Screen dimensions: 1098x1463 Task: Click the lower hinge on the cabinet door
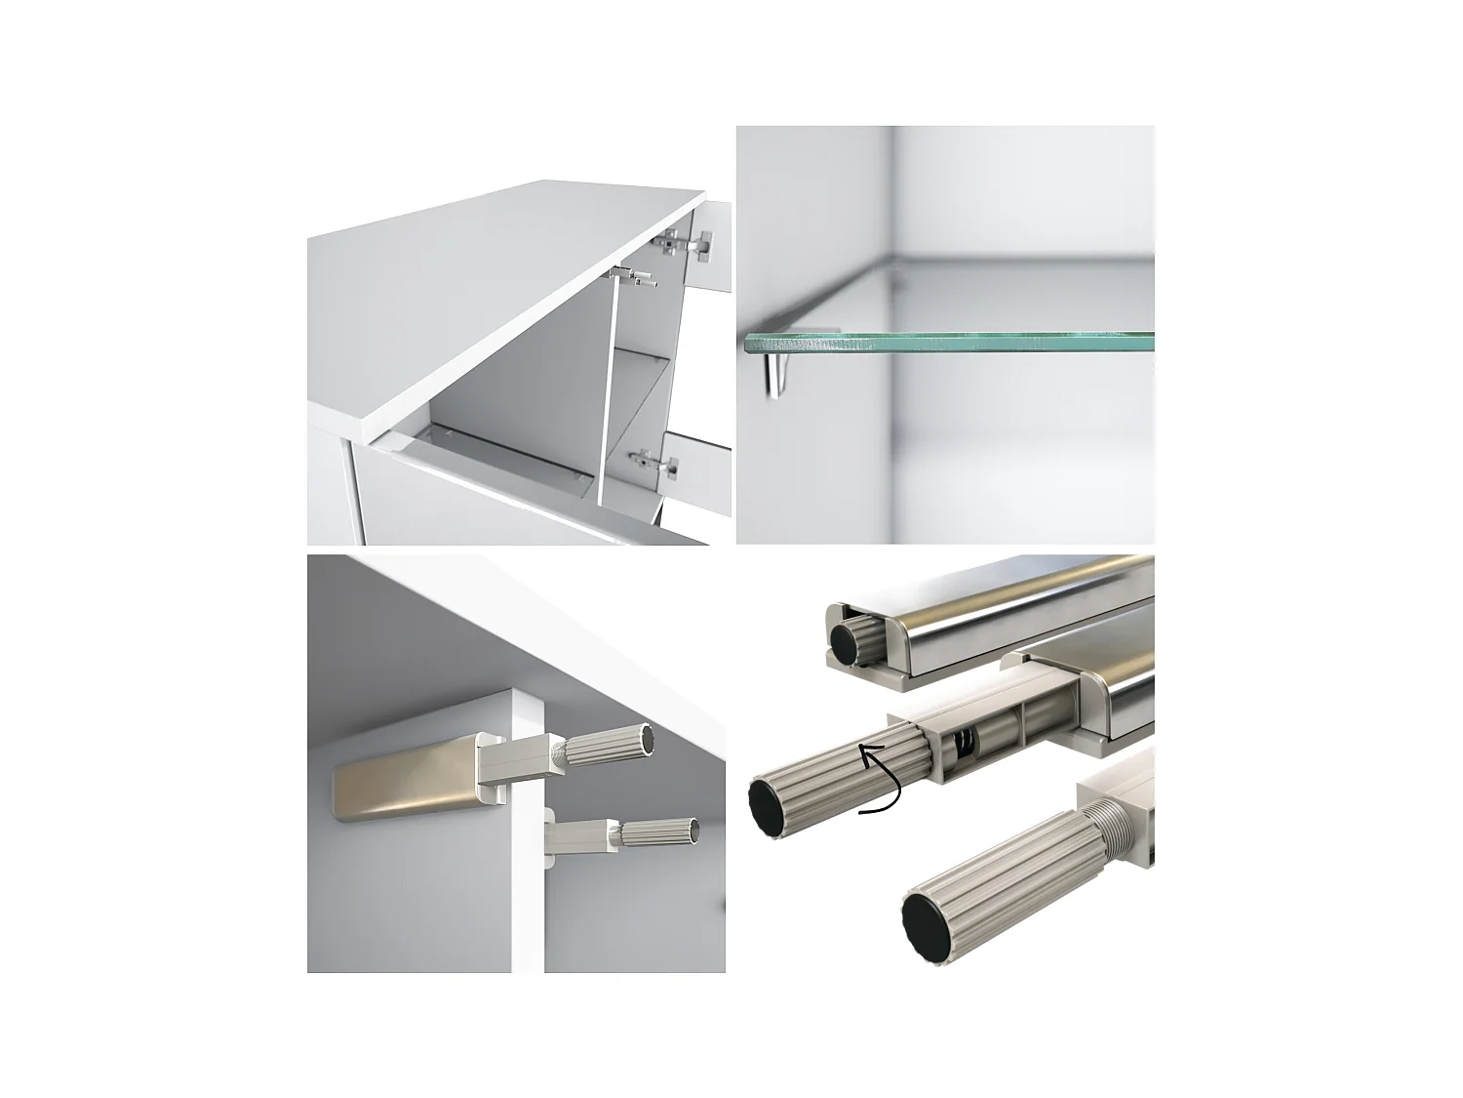coord(654,465)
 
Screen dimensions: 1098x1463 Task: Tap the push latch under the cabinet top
coord(633,279)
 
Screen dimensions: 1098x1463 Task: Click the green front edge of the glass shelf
coord(946,343)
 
